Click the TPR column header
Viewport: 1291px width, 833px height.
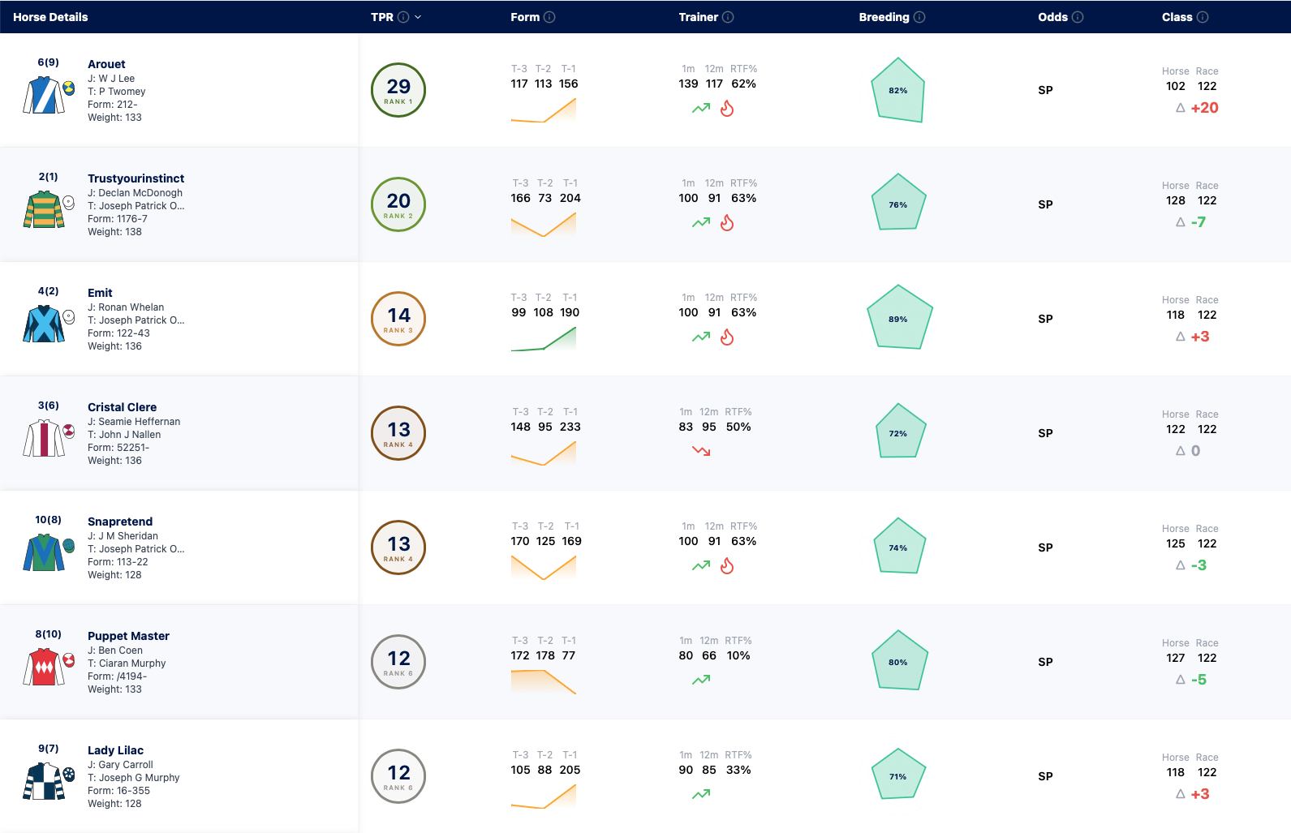pyautogui.click(x=381, y=17)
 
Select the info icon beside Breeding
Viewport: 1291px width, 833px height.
pyautogui.click(x=920, y=17)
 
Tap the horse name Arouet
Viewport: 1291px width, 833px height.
pyautogui.click(x=106, y=64)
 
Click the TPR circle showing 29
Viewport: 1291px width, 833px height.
pyautogui.click(x=398, y=90)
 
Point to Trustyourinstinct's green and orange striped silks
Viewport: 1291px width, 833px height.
pyautogui.click(x=44, y=209)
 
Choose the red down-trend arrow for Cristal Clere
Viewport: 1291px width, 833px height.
pyautogui.click(x=701, y=450)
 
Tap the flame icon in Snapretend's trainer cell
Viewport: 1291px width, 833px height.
pyautogui.click(x=727, y=565)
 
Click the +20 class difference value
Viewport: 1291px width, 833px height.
pyautogui.click(x=1204, y=108)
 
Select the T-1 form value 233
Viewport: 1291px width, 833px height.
pyautogui.click(x=570, y=427)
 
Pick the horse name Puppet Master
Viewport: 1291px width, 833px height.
pyautogui.click(x=128, y=636)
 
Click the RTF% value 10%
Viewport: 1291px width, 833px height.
pyautogui.click(x=738, y=655)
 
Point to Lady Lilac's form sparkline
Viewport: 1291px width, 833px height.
pyautogui.click(x=544, y=797)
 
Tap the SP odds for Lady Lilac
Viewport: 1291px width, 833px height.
pyautogui.click(x=1045, y=776)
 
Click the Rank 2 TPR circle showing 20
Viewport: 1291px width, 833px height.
pyautogui.click(x=398, y=204)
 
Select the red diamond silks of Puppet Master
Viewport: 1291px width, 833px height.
pyautogui.click(x=44, y=667)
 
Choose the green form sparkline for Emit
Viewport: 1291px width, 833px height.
pyautogui.click(x=544, y=339)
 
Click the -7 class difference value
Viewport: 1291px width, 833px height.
pyautogui.click(x=1198, y=222)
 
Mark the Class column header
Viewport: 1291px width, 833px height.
pyautogui.click(x=1177, y=17)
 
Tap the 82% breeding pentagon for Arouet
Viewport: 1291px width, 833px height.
pyautogui.click(x=898, y=90)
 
